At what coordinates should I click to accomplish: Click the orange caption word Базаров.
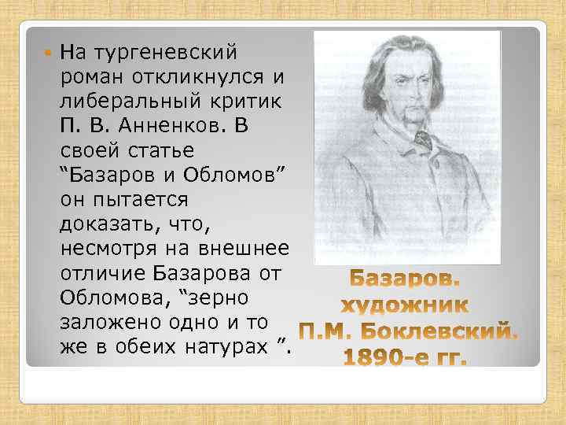tap(406, 280)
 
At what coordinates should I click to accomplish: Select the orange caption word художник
tap(404, 306)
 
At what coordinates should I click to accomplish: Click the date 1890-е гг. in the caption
tap(405, 359)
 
